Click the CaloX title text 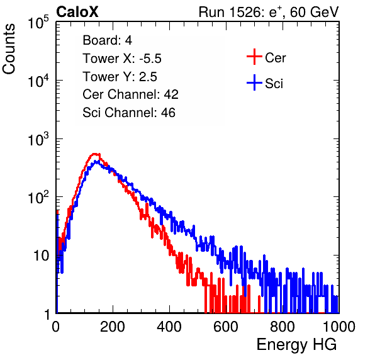(x=77, y=12)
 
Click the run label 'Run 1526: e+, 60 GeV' (x=269, y=12)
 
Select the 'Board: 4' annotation (x=107, y=40)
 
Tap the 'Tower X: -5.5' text (x=122, y=59)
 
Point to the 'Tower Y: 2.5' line (x=120, y=77)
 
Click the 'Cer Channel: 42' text (x=131, y=94)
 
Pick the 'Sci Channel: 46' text (x=129, y=113)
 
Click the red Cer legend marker (x=254, y=57)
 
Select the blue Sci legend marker (x=254, y=83)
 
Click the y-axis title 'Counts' (x=9, y=48)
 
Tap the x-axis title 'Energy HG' (x=296, y=345)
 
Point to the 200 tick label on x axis (x=113, y=327)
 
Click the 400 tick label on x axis (x=169, y=327)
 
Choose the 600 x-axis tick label (x=226, y=327)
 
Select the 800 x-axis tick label (x=283, y=327)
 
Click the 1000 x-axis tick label (x=339, y=327)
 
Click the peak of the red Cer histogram (x=96, y=154)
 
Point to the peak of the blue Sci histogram (x=97, y=161)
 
